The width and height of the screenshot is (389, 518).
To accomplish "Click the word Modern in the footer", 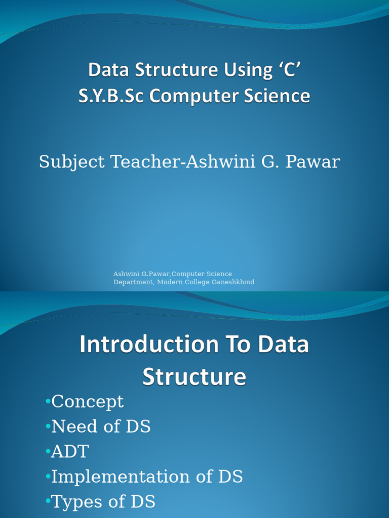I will [x=170, y=282].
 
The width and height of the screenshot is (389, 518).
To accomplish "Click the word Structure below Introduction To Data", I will [x=194, y=377].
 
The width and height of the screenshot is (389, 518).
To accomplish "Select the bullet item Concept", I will [x=88, y=402].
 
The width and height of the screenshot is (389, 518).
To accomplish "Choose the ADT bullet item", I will [x=70, y=451].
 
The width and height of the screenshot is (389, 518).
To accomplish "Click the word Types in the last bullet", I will [x=74, y=501].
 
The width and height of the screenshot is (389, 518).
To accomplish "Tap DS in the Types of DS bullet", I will [x=142, y=501].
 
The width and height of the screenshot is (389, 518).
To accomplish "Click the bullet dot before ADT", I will [x=48, y=451].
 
